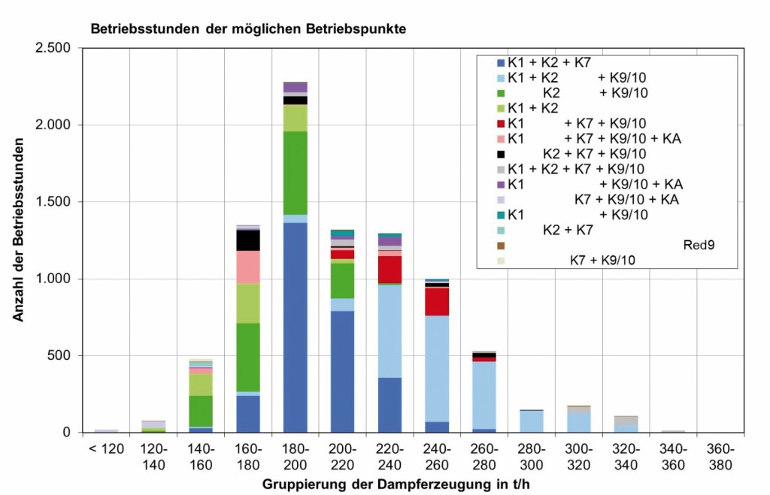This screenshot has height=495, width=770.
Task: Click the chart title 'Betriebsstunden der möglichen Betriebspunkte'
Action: pyautogui.click(x=248, y=30)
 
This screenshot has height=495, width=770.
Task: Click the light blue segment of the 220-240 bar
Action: pyautogui.click(x=390, y=331)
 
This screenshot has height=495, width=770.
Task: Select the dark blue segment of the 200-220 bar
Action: pyautogui.click(x=343, y=371)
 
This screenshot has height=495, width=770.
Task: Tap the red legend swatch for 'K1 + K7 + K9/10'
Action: pyautogui.click(x=501, y=123)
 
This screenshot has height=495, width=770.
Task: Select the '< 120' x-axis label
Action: pyautogui.click(x=106, y=449)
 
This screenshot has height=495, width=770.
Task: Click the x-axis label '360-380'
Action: pyautogui.click(x=720, y=456)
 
